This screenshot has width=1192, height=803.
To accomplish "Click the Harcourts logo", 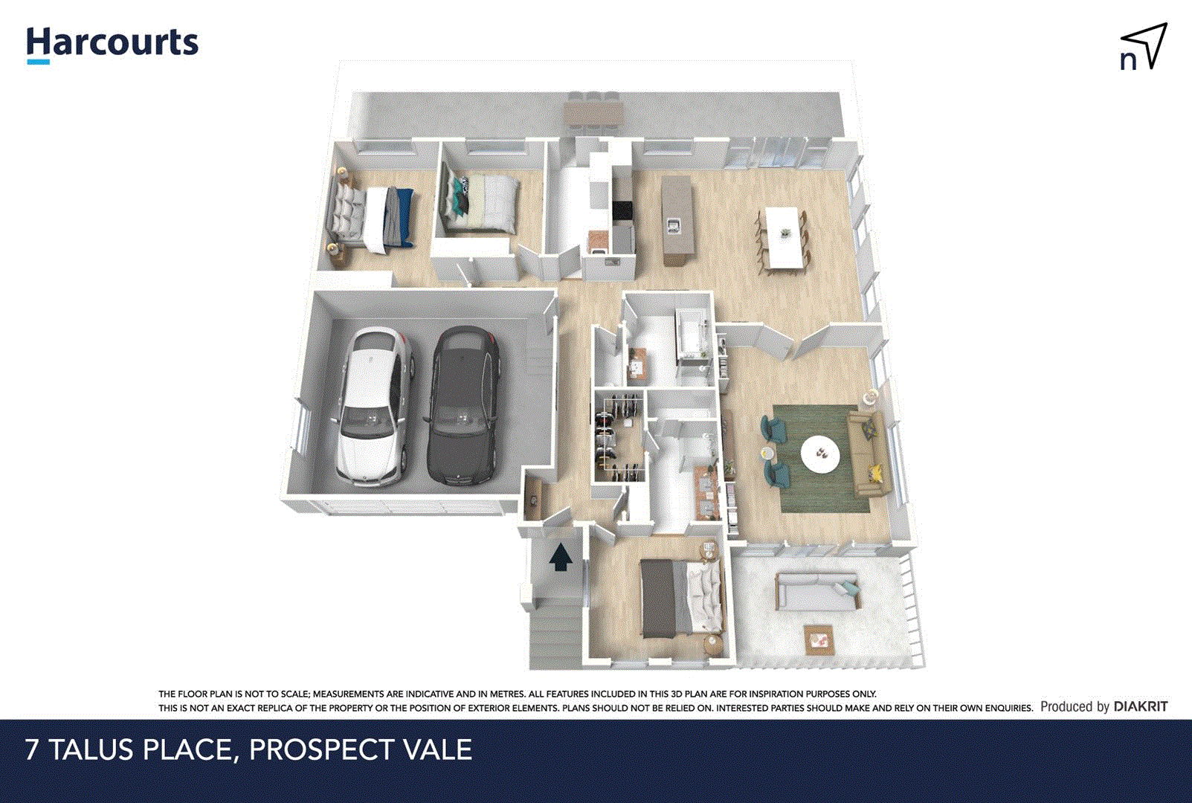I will click(x=112, y=44).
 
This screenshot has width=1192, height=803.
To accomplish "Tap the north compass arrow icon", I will click(x=1144, y=47).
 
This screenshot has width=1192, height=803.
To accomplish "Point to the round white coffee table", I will click(x=821, y=453).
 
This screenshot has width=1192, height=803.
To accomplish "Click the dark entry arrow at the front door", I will click(x=561, y=557).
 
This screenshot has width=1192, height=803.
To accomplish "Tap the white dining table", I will click(x=782, y=236).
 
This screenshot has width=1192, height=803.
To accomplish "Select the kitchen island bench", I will click(x=677, y=221).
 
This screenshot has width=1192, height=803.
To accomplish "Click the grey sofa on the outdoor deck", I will click(x=817, y=591).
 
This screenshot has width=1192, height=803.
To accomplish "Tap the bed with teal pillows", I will click(x=480, y=203).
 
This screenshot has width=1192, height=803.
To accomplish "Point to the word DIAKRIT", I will click(x=1141, y=706).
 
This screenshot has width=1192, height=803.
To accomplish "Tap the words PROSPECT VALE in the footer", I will click(x=361, y=749).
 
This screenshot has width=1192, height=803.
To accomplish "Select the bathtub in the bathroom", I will click(x=692, y=338).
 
